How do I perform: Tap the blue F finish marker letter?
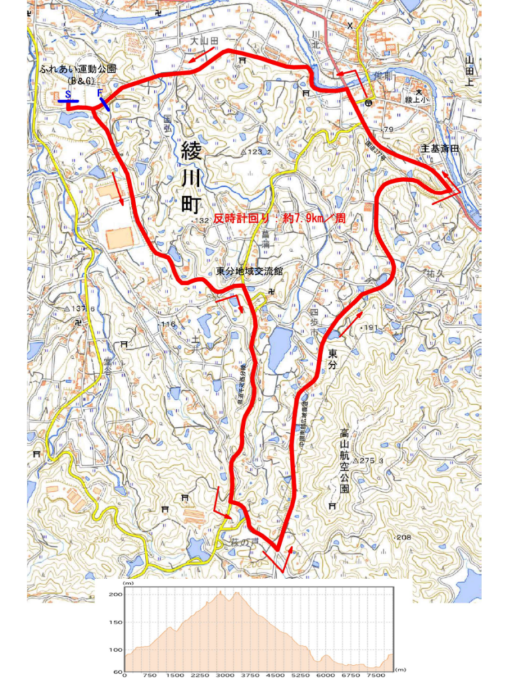point(99,93)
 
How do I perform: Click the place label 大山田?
point(204,41)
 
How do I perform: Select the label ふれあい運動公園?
point(78,69)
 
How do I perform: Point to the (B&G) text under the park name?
point(79,80)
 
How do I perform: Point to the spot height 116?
point(167,324)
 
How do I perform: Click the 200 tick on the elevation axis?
point(115,594)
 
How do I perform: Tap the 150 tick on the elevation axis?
point(115,622)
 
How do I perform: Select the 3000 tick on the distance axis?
point(225,676)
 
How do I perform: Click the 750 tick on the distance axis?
point(150,676)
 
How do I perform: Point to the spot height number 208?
point(404,538)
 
